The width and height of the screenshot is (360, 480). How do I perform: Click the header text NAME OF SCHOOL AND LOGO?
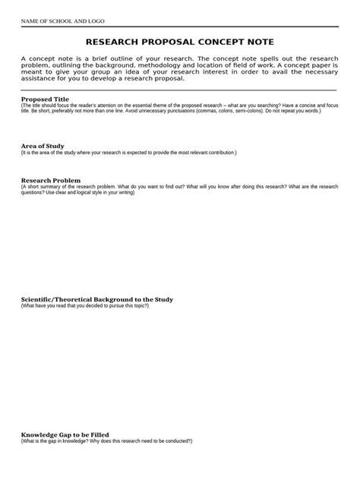[62, 21]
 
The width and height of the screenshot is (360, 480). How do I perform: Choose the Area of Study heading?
[43, 146]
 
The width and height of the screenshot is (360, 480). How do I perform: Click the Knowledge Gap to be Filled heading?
[65, 434]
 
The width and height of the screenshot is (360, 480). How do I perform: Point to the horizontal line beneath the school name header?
[179, 29]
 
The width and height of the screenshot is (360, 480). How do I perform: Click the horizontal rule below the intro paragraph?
[179, 90]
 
